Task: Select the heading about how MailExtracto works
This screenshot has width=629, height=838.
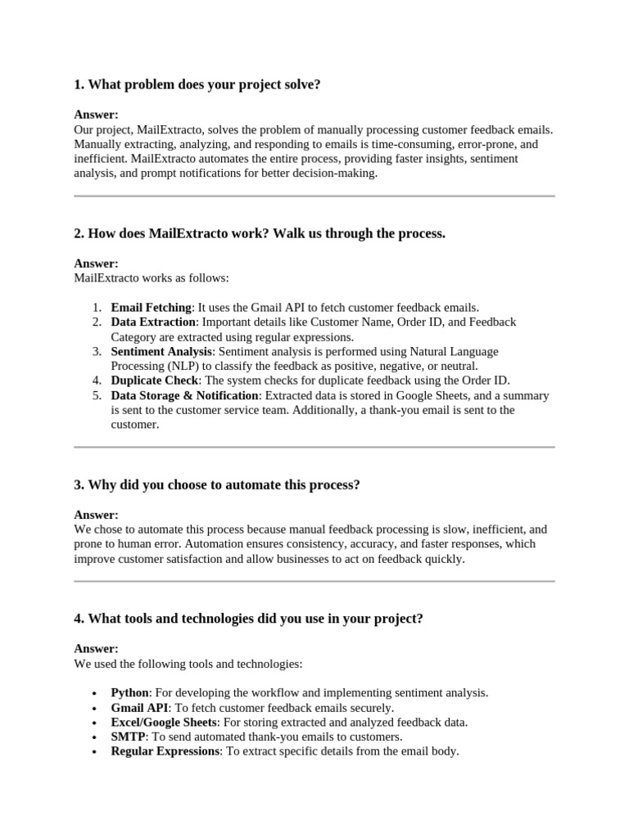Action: (x=260, y=234)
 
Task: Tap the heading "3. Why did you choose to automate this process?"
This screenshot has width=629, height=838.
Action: (x=217, y=485)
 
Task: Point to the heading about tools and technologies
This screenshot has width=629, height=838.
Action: (x=248, y=619)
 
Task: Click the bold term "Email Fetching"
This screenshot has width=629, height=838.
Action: (x=151, y=308)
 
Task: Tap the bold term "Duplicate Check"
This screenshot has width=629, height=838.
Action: (x=155, y=381)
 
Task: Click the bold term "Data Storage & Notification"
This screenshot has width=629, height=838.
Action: (x=184, y=395)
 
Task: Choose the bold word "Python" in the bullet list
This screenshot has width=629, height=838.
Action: (x=130, y=693)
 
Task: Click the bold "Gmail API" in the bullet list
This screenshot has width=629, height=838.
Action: (x=140, y=708)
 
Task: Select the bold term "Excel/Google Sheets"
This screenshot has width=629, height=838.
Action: (x=164, y=723)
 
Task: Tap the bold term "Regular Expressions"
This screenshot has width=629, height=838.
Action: (x=165, y=751)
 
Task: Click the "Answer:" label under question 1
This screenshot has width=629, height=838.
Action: (x=96, y=115)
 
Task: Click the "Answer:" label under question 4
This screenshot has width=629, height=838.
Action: (x=96, y=649)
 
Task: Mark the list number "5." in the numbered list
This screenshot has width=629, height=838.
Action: (x=97, y=395)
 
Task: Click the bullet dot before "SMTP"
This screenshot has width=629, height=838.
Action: (x=96, y=737)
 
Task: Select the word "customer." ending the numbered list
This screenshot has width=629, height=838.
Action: (x=134, y=425)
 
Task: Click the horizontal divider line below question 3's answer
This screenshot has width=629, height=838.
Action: (x=314, y=581)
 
